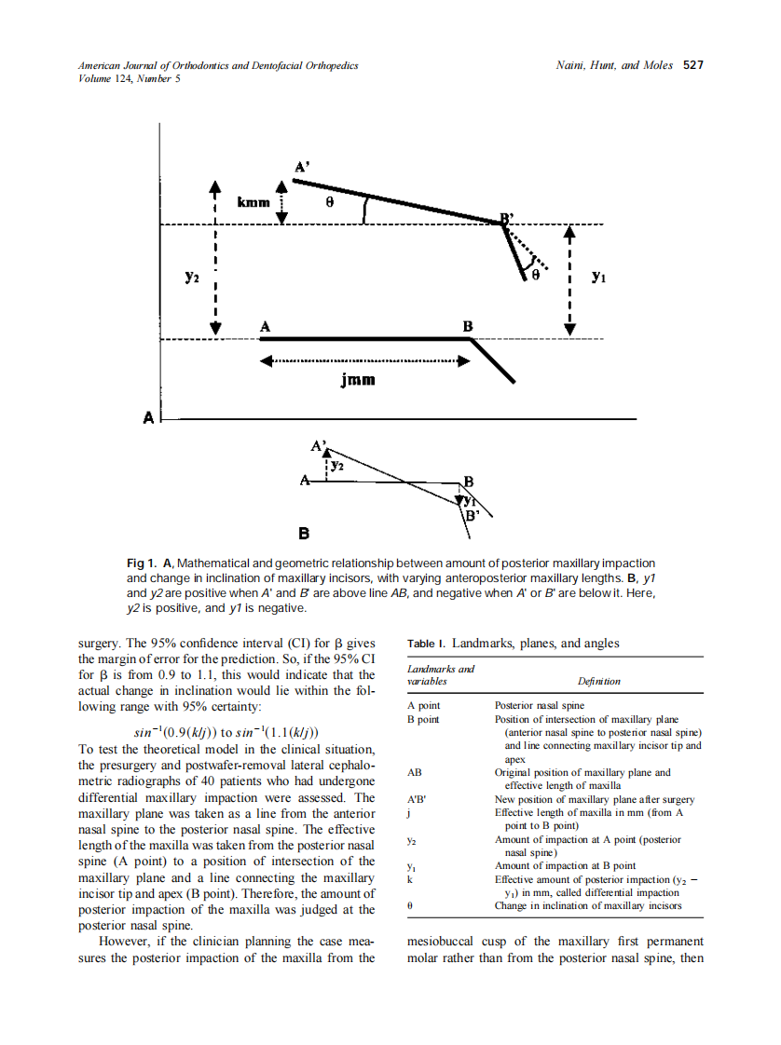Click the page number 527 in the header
point(692,66)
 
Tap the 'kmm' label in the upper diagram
point(253,201)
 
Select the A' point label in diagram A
point(302,167)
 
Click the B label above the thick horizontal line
point(469,326)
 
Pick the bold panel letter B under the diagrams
point(304,535)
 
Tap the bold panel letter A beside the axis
point(148,416)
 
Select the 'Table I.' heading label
point(427,643)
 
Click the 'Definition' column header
point(597,681)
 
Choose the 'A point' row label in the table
point(424,707)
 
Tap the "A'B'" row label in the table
point(417,799)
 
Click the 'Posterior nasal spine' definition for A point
point(539,707)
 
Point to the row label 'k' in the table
point(411,879)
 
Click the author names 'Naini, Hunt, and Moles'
point(613,66)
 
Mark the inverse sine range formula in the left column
point(228,733)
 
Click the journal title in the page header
point(218,66)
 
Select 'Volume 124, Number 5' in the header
point(130,78)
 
